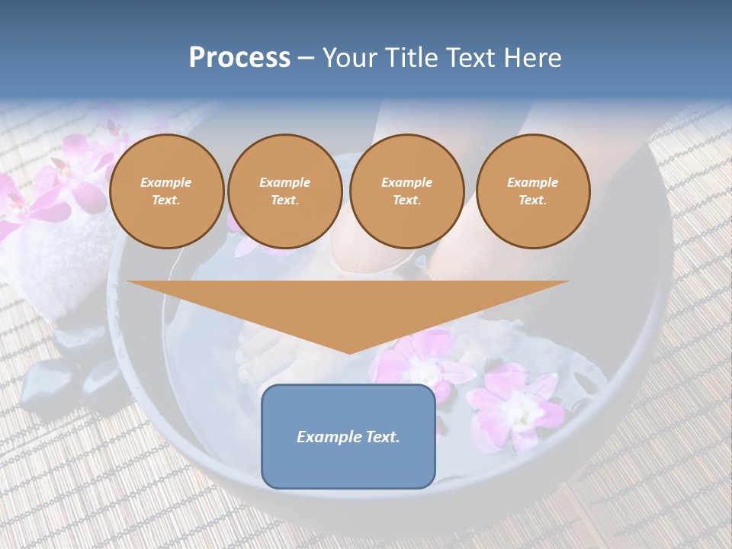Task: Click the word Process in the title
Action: tap(239, 58)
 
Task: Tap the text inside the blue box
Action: tap(348, 437)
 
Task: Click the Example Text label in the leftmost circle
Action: tap(166, 191)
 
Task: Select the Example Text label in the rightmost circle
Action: tap(532, 191)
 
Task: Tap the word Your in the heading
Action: tap(351, 58)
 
